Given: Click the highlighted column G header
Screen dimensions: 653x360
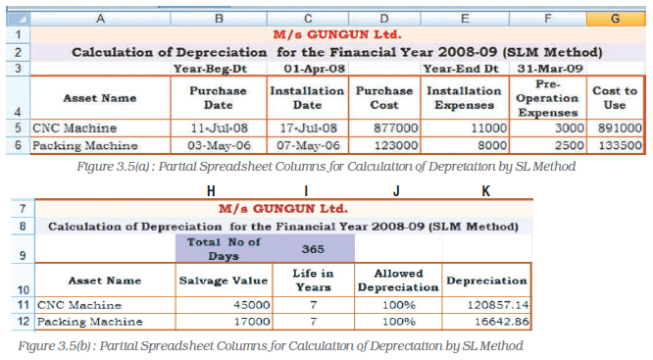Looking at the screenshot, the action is [616, 19].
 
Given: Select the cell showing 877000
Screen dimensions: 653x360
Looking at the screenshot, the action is [384, 129].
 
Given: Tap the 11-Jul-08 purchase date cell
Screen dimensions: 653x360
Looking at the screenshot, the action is [219, 129].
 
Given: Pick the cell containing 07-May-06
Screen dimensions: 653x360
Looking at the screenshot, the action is [308, 145].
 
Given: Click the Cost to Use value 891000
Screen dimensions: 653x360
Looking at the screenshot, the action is [616, 129].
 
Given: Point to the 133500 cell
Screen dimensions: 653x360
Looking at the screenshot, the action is [616, 145].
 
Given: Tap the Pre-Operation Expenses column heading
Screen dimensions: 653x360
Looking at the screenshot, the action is [548, 98].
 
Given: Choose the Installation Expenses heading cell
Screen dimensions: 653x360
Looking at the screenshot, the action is [465, 98].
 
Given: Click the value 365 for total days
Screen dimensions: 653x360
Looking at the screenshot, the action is [313, 249].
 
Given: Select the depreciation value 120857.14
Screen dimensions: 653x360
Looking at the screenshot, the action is [486, 305].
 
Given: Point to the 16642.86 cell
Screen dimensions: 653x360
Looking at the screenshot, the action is [486, 322].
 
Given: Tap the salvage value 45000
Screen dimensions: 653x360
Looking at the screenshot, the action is [225, 305].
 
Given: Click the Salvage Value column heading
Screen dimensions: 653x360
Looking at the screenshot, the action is [225, 281].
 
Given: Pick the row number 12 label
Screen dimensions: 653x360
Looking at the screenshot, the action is [24, 322].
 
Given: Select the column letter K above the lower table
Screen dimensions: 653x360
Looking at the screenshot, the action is [485, 191].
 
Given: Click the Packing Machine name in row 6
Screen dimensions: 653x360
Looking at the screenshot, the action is [85, 145].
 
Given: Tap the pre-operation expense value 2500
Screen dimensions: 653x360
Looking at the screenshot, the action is [548, 145].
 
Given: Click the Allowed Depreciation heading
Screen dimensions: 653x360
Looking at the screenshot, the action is [398, 281].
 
